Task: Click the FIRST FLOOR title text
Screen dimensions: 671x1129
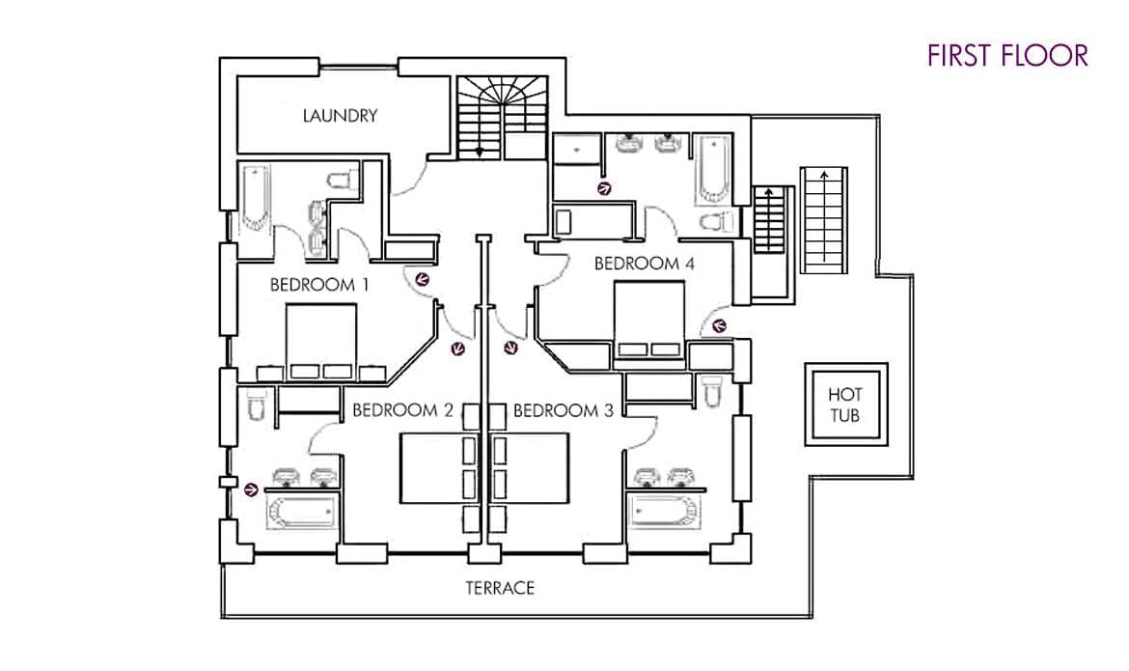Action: click(x=1007, y=55)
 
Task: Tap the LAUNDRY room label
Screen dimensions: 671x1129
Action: click(x=340, y=116)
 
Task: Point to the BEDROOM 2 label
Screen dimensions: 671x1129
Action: click(x=402, y=410)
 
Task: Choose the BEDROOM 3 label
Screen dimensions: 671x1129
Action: click(x=564, y=410)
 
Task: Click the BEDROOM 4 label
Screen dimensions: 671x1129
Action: click(x=644, y=263)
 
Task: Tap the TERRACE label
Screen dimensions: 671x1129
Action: click(x=499, y=587)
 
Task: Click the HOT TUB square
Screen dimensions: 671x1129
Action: click(x=845, y=405)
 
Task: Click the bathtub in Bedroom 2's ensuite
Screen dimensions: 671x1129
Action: click(x=303, y=511)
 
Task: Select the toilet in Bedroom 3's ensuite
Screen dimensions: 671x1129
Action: click(x=713, y=391)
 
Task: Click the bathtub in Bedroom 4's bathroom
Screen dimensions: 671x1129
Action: click(x=708, y=170)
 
